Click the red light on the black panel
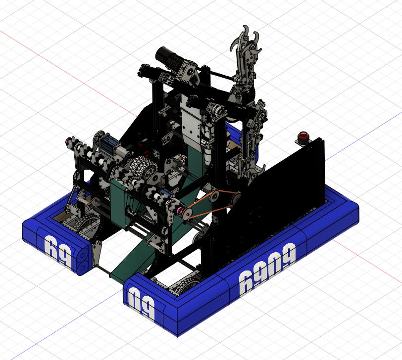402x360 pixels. [x=303, y=135]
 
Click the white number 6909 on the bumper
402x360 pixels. [x=268, y=269]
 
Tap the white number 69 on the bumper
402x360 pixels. [x=58, y=251]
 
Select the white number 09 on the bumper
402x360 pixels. [x=142, y=303]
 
